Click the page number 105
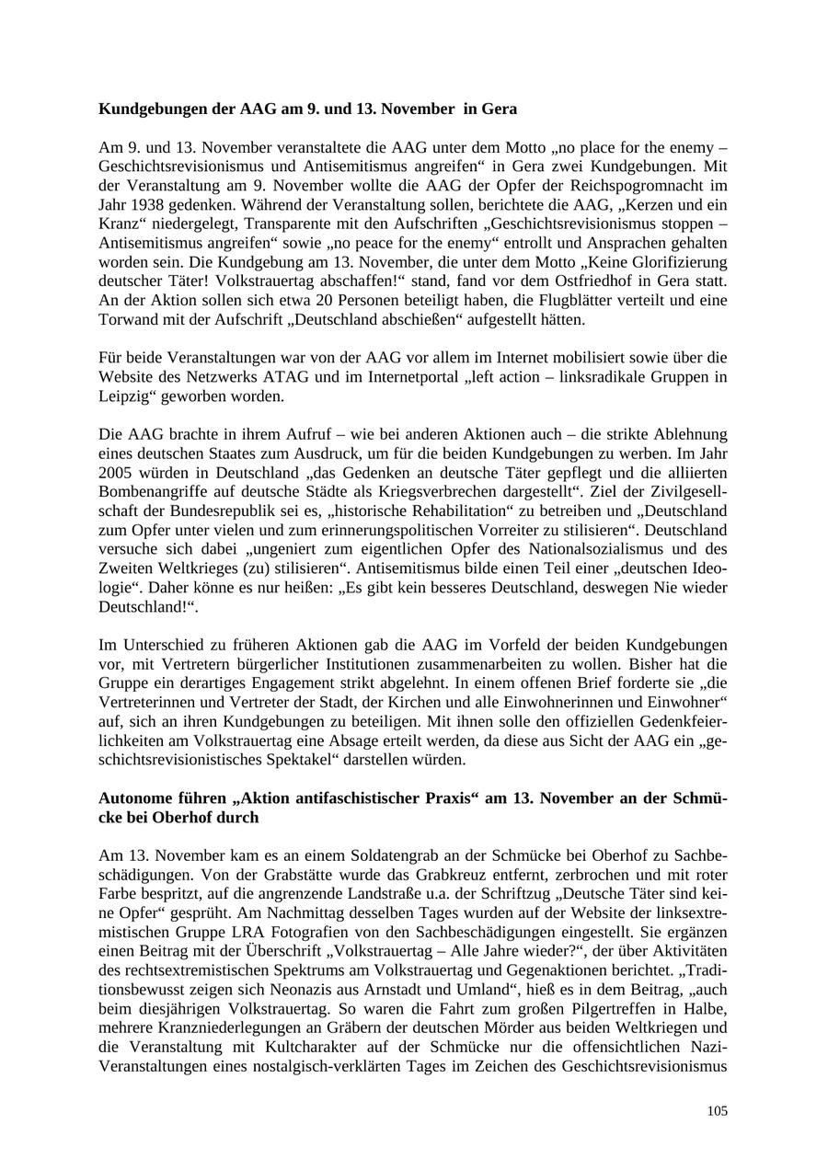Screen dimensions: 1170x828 718,1111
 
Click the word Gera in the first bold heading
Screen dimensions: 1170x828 499,109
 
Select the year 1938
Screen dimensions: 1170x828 147,205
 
